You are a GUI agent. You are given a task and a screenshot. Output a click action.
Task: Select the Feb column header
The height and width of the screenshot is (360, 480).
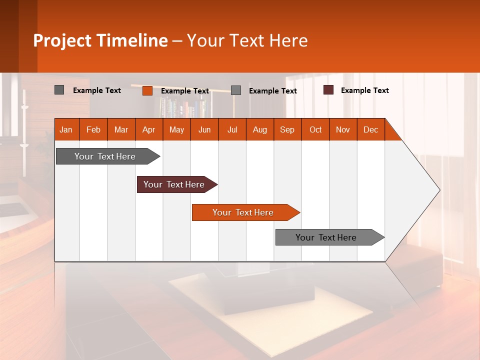pyautogui.click(x=93, y=129)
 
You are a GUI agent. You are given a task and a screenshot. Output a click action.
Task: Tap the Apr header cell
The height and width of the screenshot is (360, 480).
pyautogui.click(x=149, y=129)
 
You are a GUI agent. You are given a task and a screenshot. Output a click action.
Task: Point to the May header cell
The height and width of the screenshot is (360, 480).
pyautogui.click(x=176, y=129)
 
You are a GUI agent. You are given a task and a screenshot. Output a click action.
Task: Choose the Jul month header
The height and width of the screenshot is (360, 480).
pyautogui.click(x=232, y=129)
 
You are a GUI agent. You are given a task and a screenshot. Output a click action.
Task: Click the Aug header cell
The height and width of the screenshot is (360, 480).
pyautogui.click(x=259, y=129)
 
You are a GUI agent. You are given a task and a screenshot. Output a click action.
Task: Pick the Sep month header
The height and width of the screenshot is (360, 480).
pyautogui.click(x=287, y=129)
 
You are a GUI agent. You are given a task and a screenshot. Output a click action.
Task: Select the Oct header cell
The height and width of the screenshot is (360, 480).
pyautogui.click(x=315, y=129)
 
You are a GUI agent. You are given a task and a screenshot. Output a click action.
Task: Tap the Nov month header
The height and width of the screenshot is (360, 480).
pyautogui.click(x=343, y=129)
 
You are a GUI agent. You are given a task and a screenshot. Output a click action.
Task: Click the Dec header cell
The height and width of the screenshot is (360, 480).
pyautogui.click(x=370, y=129)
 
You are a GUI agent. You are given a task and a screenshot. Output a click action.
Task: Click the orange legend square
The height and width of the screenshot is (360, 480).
pyautogui.click(x=147, y=90)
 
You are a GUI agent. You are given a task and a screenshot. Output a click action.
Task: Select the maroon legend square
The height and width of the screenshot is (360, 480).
pyautogui.click(x=328, y=90)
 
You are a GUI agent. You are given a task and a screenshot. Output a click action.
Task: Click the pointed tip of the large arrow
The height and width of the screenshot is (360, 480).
pyautogui.click(x=438, y=190)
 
